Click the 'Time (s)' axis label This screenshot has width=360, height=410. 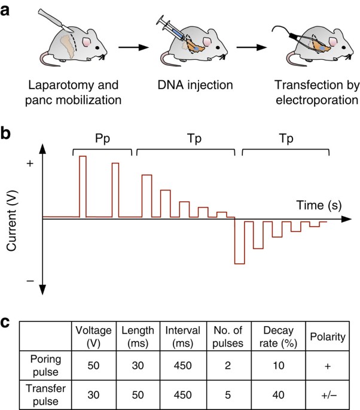(318, 205)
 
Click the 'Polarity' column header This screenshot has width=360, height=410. (328, 336)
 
